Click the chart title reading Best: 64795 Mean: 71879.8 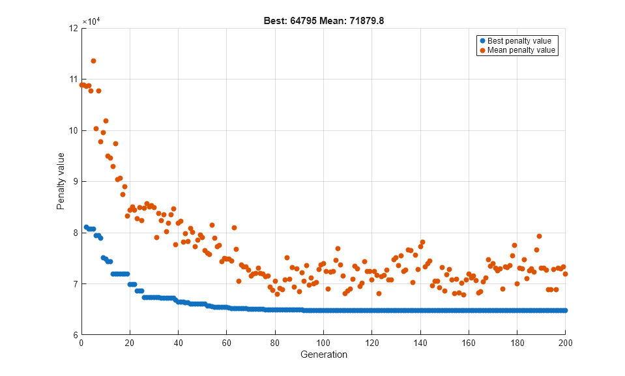(x=323, y=21)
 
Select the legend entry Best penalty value (x=519, y=41)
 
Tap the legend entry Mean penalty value (x=521, y=50)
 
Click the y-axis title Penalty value (x=61, y=181)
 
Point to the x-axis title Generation (x=323, y=355)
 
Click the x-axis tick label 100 (x=323, y=343)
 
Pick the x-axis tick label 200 (x=565, y=343)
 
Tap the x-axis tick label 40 (x=178, y=343)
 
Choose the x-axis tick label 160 (x=469, y=343)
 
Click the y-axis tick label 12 (x=74, y=29)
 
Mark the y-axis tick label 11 (x=74, y=80)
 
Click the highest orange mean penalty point (x=93, y=61)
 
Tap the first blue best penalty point (x=86, y=227)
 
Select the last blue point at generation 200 (x=565, y=310)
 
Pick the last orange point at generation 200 (x=565, y=274)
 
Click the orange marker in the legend (x=482, y=50)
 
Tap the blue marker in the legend (x=482, y=41)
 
